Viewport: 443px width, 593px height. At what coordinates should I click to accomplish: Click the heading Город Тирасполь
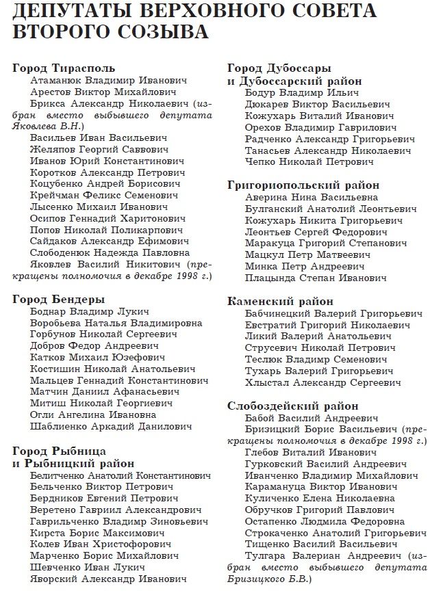click(x=64, y=68)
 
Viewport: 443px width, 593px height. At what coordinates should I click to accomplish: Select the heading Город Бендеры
click(x=58, y=300)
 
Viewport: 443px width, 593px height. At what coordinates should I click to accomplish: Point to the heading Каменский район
click(x=280, y=301)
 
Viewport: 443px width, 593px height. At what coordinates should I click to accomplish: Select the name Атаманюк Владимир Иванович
click(x=99, y=80)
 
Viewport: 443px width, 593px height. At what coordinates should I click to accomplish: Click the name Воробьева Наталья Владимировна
click(x=116, y=323)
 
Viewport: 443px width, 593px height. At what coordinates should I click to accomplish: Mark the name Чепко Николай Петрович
click(x=309, y=162)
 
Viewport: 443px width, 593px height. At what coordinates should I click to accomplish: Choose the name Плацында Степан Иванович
click(x=315, y=278)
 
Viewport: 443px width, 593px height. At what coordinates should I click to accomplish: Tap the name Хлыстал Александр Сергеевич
click(x=322, y=382)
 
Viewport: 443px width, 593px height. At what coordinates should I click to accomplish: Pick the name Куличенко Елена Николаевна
click(x=320, y=499)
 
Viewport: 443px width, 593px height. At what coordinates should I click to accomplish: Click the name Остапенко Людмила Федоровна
click(x=324, y=522)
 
